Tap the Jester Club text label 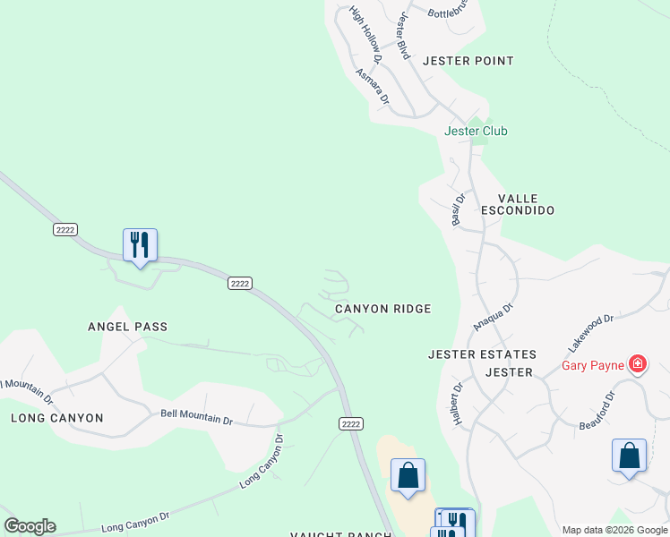click(476, 131)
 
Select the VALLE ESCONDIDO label click(518, 204)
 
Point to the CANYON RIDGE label click(382, 309)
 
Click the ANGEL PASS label click(127, 327)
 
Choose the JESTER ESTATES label click(482, 354)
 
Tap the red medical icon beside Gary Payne click(637, 363)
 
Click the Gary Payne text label click(593, 364)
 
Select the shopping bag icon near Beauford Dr click(629, 456)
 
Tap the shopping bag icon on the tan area click(408, 475)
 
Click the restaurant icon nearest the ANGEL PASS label click(140, 244)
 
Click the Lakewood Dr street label click(589, 332)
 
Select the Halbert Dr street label click(457, 405)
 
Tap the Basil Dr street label click(458, 210)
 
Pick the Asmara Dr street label click(372, 89)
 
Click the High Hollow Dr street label click(365, 34)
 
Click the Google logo click(30, 526)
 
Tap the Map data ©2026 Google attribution click(614, 530)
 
